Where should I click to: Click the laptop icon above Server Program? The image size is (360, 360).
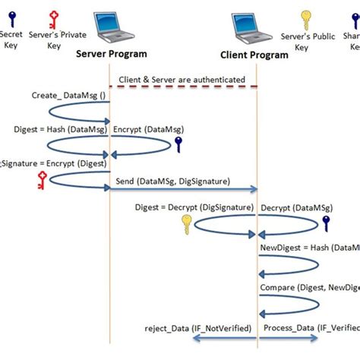pos(111,28)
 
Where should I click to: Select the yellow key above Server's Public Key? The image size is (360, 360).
pos(306,20)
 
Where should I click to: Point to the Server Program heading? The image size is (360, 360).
pos(111,54)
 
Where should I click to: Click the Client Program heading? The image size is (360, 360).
pos(254,55)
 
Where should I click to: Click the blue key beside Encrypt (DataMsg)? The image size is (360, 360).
pos(179,144)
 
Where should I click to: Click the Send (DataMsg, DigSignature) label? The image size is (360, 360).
pos(172,182)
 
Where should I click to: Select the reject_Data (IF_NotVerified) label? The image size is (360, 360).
pos(193,327)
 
